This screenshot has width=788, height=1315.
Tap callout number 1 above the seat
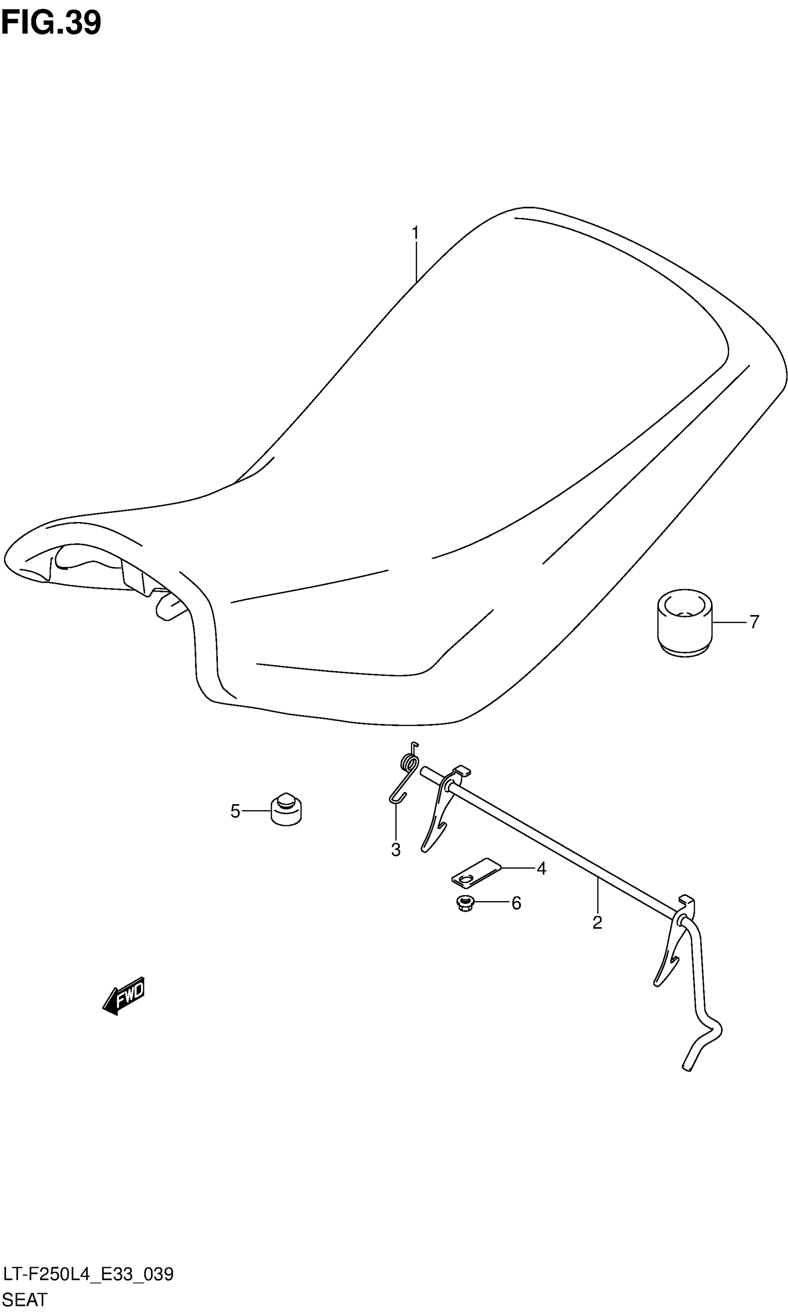click(415, 233)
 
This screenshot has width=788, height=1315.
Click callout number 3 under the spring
click(395, 850)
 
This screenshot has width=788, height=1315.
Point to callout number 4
click(541, 869)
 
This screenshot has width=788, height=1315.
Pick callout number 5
click(235, 811)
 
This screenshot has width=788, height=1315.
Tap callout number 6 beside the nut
click(516, 903)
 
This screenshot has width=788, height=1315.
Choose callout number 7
click(754, 621)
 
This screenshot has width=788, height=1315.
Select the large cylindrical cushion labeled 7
click(685, 622)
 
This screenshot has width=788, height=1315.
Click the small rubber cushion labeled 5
click(286, 810)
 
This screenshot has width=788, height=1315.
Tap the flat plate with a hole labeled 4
click(475, 872)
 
